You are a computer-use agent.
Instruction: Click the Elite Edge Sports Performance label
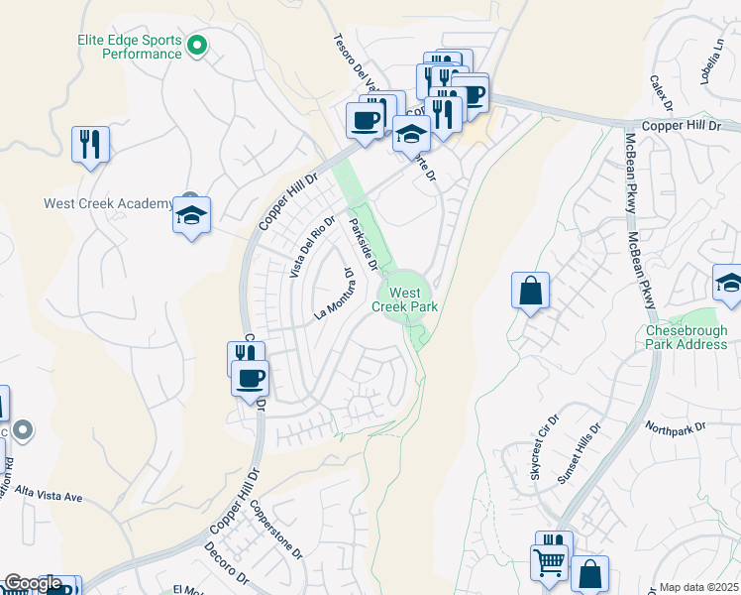[130, 47]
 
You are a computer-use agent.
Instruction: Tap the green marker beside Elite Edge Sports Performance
[197, 45]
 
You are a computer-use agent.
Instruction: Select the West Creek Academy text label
[108, 203]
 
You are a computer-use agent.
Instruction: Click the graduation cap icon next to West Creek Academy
[191, 215]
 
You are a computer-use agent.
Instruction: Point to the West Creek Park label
[404, 299]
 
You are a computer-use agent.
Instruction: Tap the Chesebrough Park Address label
[687, 337]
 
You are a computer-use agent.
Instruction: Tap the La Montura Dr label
[334, 294]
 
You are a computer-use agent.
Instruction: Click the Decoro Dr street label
[226, 562]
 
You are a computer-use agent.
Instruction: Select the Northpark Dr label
[674, 426]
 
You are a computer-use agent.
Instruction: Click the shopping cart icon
[550, 562]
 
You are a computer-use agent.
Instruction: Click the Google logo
[33, 583]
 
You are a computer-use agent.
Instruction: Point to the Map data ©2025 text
[697, 587]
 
